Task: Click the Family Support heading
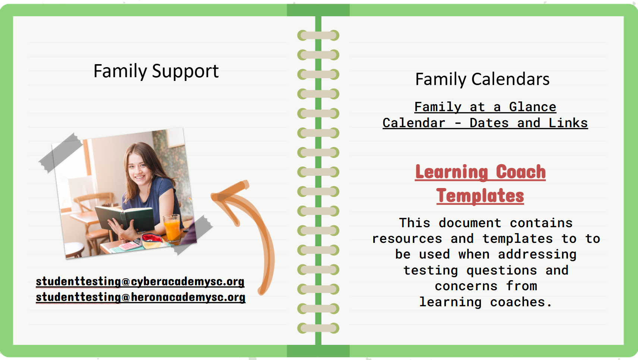[x=156, y=71]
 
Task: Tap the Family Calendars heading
[x=482, y=79]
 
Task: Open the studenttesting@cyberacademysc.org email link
[x=140, y=282]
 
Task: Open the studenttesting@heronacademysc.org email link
[x=141, y=297]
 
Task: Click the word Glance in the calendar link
[x=532, y=107]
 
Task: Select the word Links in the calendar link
[x=568, y=123]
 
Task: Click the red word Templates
[x=480, y=196]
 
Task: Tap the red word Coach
[x=521, y=172]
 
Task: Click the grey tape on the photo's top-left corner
[x=61, y=153]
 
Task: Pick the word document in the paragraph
[x=470, y=223]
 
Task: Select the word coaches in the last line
[x=518, y=302]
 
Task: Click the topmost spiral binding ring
[x=318, y=36]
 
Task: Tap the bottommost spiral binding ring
[x=318, y=328]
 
